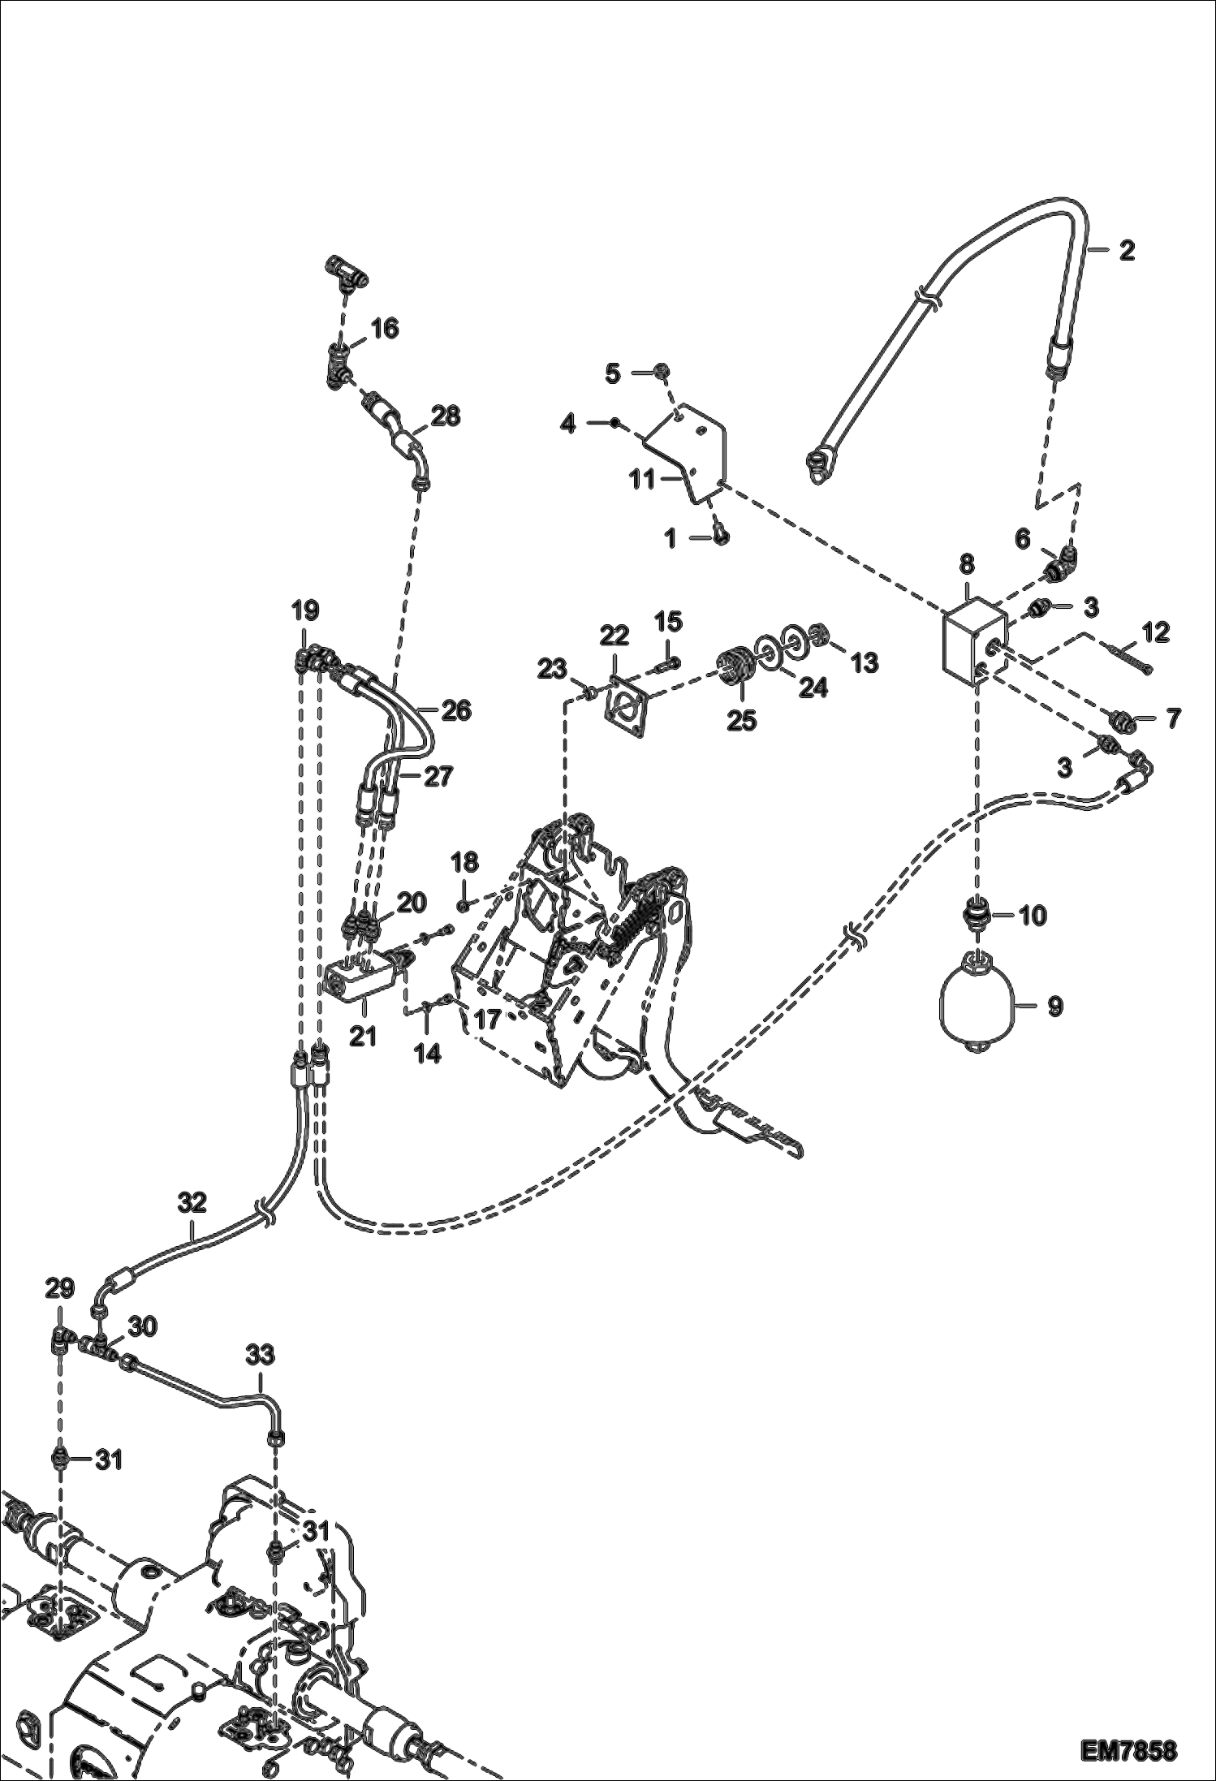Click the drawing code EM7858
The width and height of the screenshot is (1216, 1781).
pyautogui.click(x=1128, y=1746)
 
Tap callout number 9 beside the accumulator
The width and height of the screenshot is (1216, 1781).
pyautogui.click(x=1055, y=1007)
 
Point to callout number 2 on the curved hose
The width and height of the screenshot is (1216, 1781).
pyautogui.click(x=1126, y=250)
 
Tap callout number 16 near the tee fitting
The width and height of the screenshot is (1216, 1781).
pyautogui.click(x=385, y=329)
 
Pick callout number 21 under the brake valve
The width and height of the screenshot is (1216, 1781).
pyautogui.click(x=363, y=1036)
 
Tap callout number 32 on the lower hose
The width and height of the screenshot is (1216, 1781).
pyautogui.click(x=192, y=1202)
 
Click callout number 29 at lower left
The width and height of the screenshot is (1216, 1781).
pyautogui.click(x=60, y=1288)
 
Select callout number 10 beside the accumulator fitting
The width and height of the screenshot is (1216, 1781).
pyautogui.click(x=1033, y=916)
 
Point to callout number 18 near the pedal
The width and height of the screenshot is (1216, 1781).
pyautogui.click(x=465, y=862)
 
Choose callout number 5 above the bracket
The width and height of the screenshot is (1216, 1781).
pyautogui.click(x=613, y=373)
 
